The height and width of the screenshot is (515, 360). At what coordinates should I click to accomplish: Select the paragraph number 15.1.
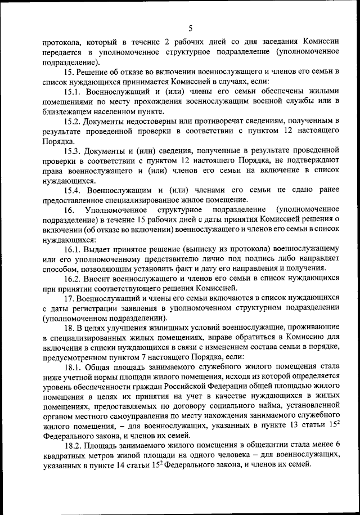pyautogui.click(x=73, y=91)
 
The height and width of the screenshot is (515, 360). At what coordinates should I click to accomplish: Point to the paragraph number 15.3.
pyautogui.click(x=73, y=150)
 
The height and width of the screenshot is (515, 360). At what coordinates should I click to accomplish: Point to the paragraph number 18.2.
pyautogui.click(x=73, y=445)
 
